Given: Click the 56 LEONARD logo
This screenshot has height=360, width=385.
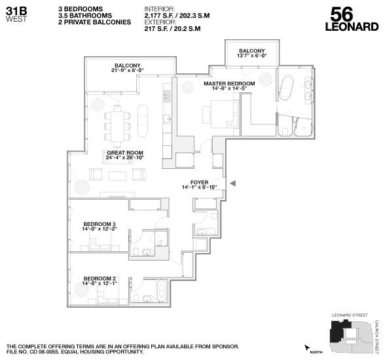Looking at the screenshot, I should click(352, 19).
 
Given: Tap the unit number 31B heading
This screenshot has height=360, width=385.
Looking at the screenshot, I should click(16, 10).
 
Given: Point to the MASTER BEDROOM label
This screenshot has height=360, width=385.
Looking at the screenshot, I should click(229, 84).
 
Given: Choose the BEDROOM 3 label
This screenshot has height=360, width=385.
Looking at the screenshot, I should click(99, 223).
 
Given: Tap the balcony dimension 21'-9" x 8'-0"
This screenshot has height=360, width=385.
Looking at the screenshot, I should click(128, 71).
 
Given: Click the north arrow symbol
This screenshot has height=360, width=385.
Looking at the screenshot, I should click(307, 348).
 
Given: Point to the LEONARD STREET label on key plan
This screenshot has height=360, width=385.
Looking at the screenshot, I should click(350, 316).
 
